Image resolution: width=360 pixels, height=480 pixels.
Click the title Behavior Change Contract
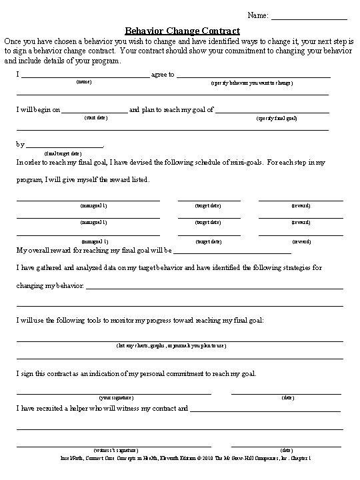pyautogui.click(x=182, y=31)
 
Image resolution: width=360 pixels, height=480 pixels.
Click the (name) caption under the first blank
pyautogui.click(x=85, y=82)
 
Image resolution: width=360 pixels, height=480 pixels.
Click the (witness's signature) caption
pyautogui.click(x=113, y=450)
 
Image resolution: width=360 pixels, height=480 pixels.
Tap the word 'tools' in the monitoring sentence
pyautogui.click(x=73, y=320)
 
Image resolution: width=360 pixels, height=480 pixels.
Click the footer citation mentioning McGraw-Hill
pyautogui.click(x=181, y=459)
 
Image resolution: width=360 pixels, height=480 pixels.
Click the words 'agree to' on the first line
pyautogui.click(x=163, y=74)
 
